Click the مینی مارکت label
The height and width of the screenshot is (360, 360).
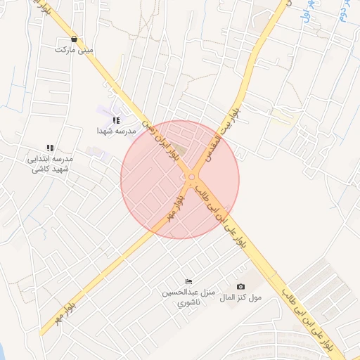pos(74,51)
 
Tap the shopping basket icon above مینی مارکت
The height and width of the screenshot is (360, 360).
pos(75,39)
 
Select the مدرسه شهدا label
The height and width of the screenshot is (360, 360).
pos(116,131)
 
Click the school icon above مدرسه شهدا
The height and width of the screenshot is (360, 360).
pos(116,120)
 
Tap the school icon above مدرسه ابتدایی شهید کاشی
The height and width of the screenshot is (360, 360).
pos(50,148)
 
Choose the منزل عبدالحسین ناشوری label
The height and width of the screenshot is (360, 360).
pos(187,297)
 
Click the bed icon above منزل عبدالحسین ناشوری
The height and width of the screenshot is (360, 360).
pos(187,281)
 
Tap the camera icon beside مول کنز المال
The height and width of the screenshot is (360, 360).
pos(241,286)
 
